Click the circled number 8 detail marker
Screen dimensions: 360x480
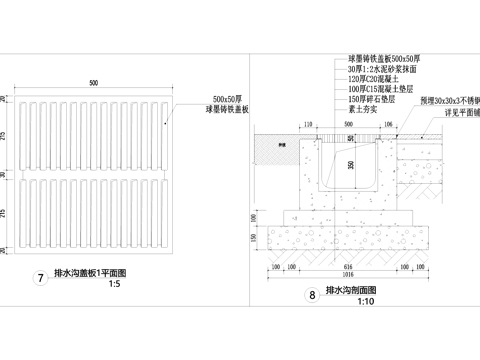(313, 295)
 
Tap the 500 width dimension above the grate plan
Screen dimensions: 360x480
(94, 81)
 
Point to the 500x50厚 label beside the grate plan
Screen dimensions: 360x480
(231, 99)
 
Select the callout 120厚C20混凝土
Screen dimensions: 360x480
(374, 80)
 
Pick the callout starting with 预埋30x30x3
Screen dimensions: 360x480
(450, 102)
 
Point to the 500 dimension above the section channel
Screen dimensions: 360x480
(345, 123)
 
